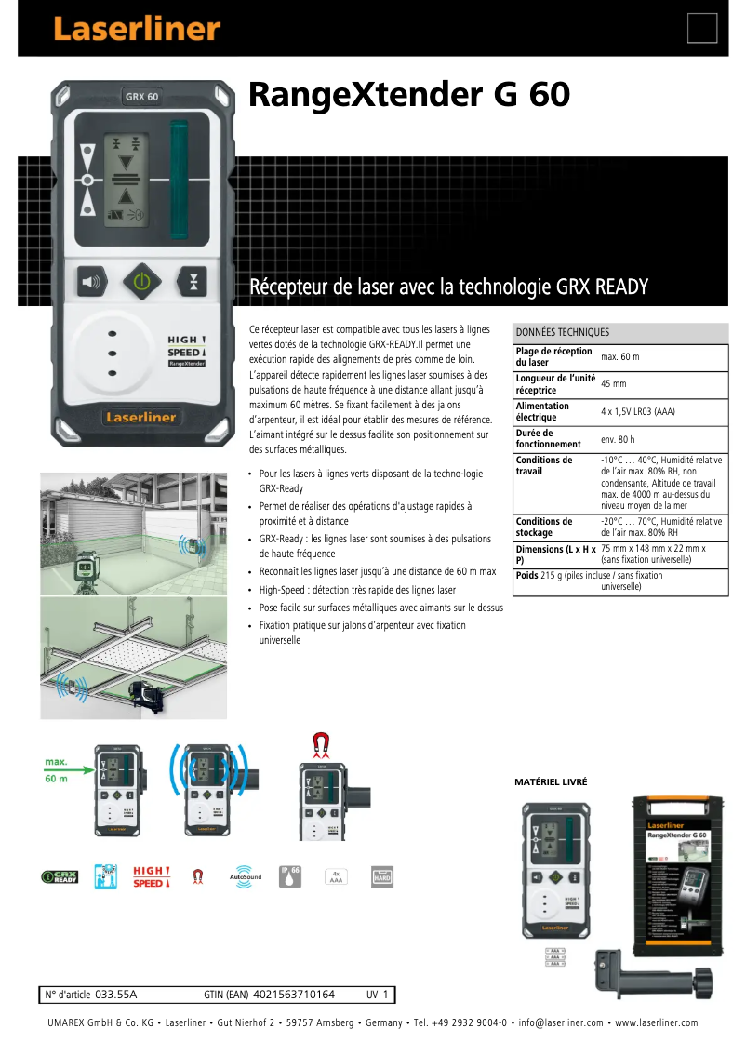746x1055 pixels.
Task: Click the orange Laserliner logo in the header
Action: [136, 29]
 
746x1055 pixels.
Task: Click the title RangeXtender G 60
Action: [408, 95]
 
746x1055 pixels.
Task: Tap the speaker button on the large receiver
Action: [92, 281]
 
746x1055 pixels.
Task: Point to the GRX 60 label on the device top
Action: [141, 96]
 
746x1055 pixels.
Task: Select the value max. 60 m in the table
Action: [619, 356]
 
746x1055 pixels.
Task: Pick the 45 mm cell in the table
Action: [613, 383]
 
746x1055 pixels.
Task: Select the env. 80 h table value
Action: [618, 438]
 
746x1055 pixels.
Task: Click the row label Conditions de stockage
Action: [544, 527]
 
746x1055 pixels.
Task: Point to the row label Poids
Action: [526, 576]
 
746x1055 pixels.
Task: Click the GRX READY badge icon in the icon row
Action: [60, 877]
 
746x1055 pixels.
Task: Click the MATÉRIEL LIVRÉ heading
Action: [551, 782]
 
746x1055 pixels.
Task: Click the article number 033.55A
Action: [116, 995]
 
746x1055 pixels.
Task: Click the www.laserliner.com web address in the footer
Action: [656, 1023]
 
